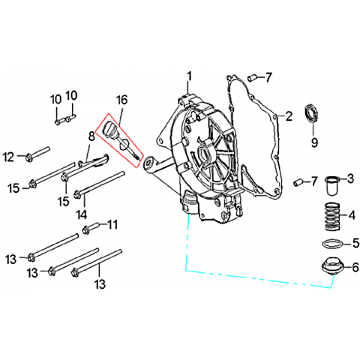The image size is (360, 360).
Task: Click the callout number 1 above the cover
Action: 190,76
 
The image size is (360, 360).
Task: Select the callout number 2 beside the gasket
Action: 289,116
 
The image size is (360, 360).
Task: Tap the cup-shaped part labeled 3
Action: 333,185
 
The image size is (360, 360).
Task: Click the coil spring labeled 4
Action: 331,216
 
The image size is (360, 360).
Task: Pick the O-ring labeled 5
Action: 330,244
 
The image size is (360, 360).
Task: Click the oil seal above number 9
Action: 311,114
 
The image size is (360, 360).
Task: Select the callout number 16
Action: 121,100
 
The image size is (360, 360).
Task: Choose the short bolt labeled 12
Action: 37,154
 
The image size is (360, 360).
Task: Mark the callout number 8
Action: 91,136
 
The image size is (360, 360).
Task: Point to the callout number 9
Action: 314,142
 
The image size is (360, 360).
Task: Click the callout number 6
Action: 355,268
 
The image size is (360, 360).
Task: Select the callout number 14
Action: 82,214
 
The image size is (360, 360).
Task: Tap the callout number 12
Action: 8,157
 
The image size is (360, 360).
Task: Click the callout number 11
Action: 112,225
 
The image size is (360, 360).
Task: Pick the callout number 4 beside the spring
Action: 352,215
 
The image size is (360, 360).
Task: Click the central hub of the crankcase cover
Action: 205,154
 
